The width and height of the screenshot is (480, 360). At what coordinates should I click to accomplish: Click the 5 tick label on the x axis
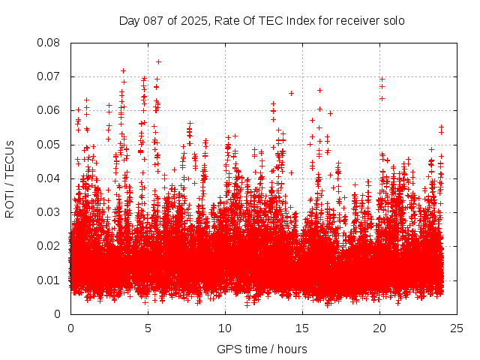148,328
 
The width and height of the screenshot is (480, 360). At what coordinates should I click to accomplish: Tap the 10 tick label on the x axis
225,328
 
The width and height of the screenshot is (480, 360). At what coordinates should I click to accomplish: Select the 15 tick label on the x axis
302,328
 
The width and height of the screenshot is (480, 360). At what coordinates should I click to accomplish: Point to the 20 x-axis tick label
379,328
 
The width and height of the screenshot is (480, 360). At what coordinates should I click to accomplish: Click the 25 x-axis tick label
457,328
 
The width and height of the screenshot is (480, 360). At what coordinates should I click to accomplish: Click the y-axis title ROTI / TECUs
10,178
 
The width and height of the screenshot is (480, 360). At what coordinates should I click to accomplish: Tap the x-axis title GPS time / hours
262,349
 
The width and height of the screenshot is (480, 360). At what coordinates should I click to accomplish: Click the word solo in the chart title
393,20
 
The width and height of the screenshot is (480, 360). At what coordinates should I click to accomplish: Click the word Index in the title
301,20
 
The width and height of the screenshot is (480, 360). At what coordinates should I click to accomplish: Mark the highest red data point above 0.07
158,61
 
